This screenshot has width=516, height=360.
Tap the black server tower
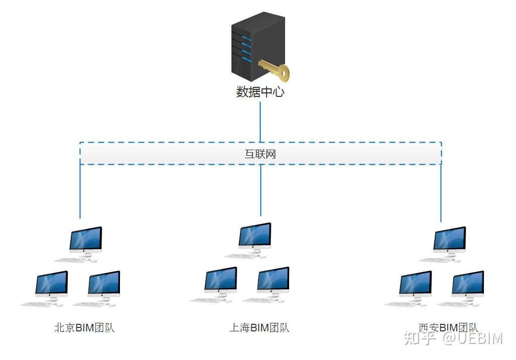(253, 46)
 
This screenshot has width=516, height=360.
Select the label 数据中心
(260, 92)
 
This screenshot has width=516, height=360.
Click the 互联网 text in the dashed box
(260, 154)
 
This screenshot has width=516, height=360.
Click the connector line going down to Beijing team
(80, 191)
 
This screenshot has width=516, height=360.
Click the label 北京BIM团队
(85, 328)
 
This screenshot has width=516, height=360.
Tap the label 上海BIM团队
(260, 328)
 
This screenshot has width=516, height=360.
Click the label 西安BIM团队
(448, 328)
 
